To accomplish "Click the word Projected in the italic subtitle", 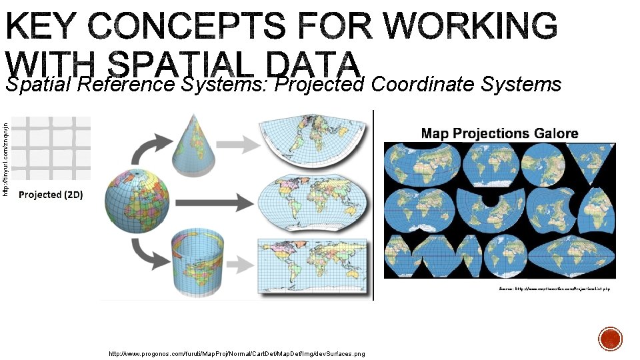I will tap(321, 85).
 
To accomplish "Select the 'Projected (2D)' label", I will tap(50, 195).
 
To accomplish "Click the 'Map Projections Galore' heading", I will tap(499, 133).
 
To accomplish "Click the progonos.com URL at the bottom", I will tap(237, 353).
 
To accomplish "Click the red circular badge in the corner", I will tap(610, 339).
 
